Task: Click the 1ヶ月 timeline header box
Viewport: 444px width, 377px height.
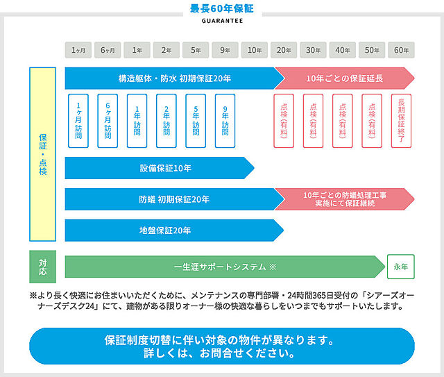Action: [78, 50]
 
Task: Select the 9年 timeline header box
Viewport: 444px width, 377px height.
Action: [225, 50]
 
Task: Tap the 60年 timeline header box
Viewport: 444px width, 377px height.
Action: [401, 50]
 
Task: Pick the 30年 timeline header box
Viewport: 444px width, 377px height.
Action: [313, 50]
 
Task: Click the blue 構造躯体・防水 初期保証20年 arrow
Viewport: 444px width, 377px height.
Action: [174, 78]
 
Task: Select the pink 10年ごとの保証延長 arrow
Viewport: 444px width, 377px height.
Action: [345, 78]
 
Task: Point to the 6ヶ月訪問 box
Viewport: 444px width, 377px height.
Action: [108, 121]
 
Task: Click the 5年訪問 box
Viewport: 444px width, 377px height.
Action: [196, 121]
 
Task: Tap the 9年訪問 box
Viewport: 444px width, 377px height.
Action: [225, 121]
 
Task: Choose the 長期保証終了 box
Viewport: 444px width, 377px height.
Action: [401, 121]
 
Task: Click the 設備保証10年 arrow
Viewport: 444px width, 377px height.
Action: [160, 168]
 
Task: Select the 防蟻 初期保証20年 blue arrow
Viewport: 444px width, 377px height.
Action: [174, 199]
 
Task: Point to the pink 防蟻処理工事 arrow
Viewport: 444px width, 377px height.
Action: [345, 199]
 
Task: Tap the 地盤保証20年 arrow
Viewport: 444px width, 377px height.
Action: [174, 231]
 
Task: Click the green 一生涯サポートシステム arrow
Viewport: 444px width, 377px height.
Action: [225, 267]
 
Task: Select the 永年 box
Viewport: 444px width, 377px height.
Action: [401, 267]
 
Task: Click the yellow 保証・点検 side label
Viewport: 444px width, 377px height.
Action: [43, 154]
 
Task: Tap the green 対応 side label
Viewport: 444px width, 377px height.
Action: [43, 267]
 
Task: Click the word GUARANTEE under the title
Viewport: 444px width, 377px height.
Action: [222, 21]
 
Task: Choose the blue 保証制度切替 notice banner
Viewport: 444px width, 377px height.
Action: [222, 346]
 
